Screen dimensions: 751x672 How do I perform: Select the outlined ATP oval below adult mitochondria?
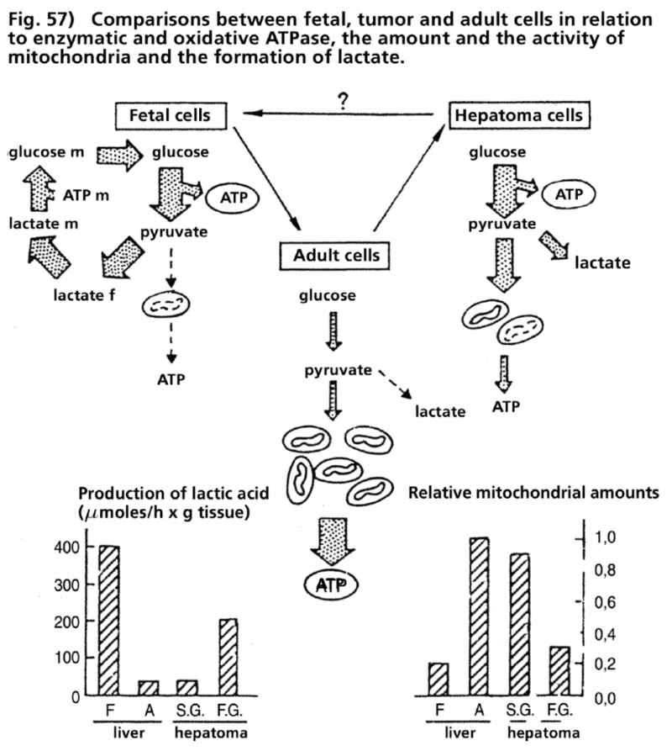click(330, 586)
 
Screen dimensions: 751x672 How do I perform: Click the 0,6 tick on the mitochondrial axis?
click(607, 602)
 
